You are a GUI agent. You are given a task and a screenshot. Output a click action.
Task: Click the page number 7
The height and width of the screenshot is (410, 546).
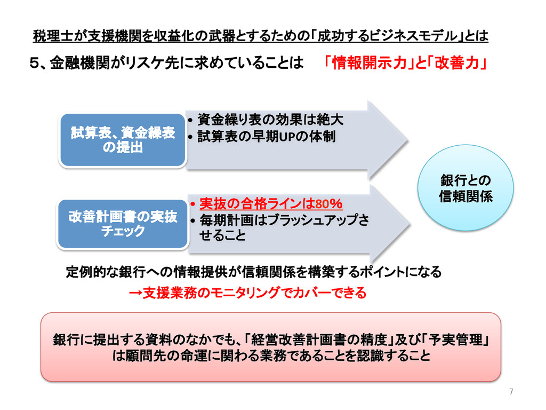tap(511, 392)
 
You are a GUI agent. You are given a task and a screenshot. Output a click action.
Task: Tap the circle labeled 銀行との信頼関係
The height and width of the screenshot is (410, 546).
tap(465, 188)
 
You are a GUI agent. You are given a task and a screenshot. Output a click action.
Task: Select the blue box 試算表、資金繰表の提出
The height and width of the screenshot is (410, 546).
tap(123, 140)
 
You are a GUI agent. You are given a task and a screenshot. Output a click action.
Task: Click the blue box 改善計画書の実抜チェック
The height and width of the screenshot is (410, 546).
tap(123, 224)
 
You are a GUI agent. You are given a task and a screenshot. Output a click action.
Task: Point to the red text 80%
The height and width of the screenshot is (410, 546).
tap(328, 204)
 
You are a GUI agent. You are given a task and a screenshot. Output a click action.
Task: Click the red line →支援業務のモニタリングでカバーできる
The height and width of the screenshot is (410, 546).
tap(248, 293)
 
